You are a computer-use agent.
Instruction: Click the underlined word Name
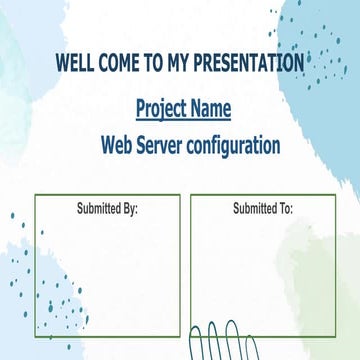pyautogui.click(x=212, y=108)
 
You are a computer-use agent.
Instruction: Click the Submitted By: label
pyautogui.click(x=107, y=209)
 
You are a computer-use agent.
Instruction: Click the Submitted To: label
pyautogui.click(x=263, y=209)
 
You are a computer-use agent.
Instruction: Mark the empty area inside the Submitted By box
pyautogui.click(x=107, y=270)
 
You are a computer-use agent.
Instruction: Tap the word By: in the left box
pyautogui.click(x=128, y=209)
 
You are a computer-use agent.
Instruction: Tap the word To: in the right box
pyautogui.click(x=283, y=209)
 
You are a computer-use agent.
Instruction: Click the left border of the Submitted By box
pyautogui.click(x=35, y=265)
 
